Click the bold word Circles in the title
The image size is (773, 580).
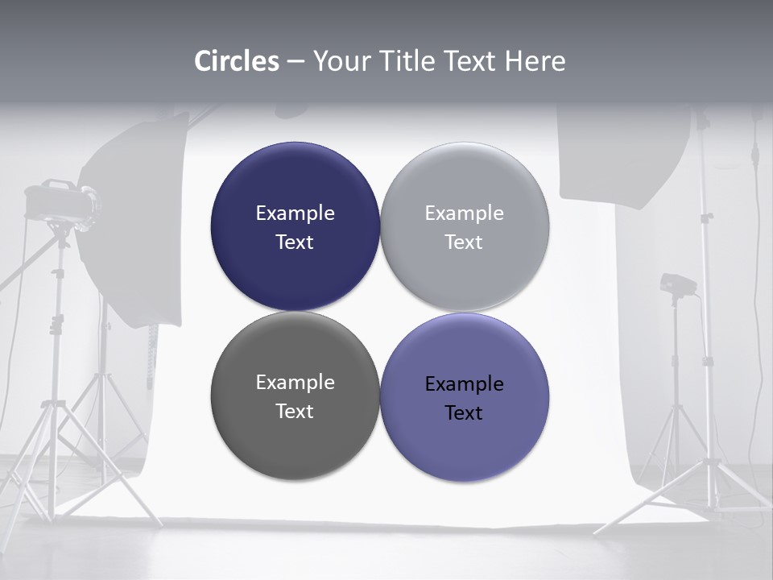pos(237,61)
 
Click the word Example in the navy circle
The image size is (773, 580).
pos(295,213)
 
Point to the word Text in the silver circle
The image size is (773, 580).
pos(464,242)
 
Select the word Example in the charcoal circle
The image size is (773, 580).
pos(295,382)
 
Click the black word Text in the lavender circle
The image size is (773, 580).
pos(464,412)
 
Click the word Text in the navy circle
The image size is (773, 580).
pos(295,242)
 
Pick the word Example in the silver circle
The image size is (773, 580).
pos(464,213)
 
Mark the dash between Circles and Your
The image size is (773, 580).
pos(295,61)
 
